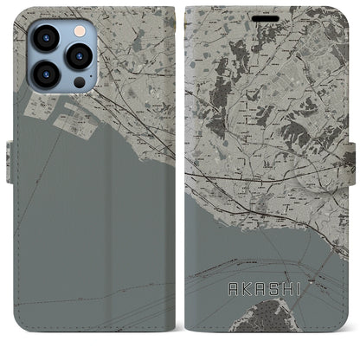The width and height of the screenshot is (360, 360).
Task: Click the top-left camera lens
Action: (x=44, y=38)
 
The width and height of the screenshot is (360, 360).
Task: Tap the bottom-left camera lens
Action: (x=44, y=74)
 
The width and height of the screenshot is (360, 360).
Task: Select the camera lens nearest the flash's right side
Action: (x=79, y=56)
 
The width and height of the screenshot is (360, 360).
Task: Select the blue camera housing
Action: (x=60, y=57)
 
